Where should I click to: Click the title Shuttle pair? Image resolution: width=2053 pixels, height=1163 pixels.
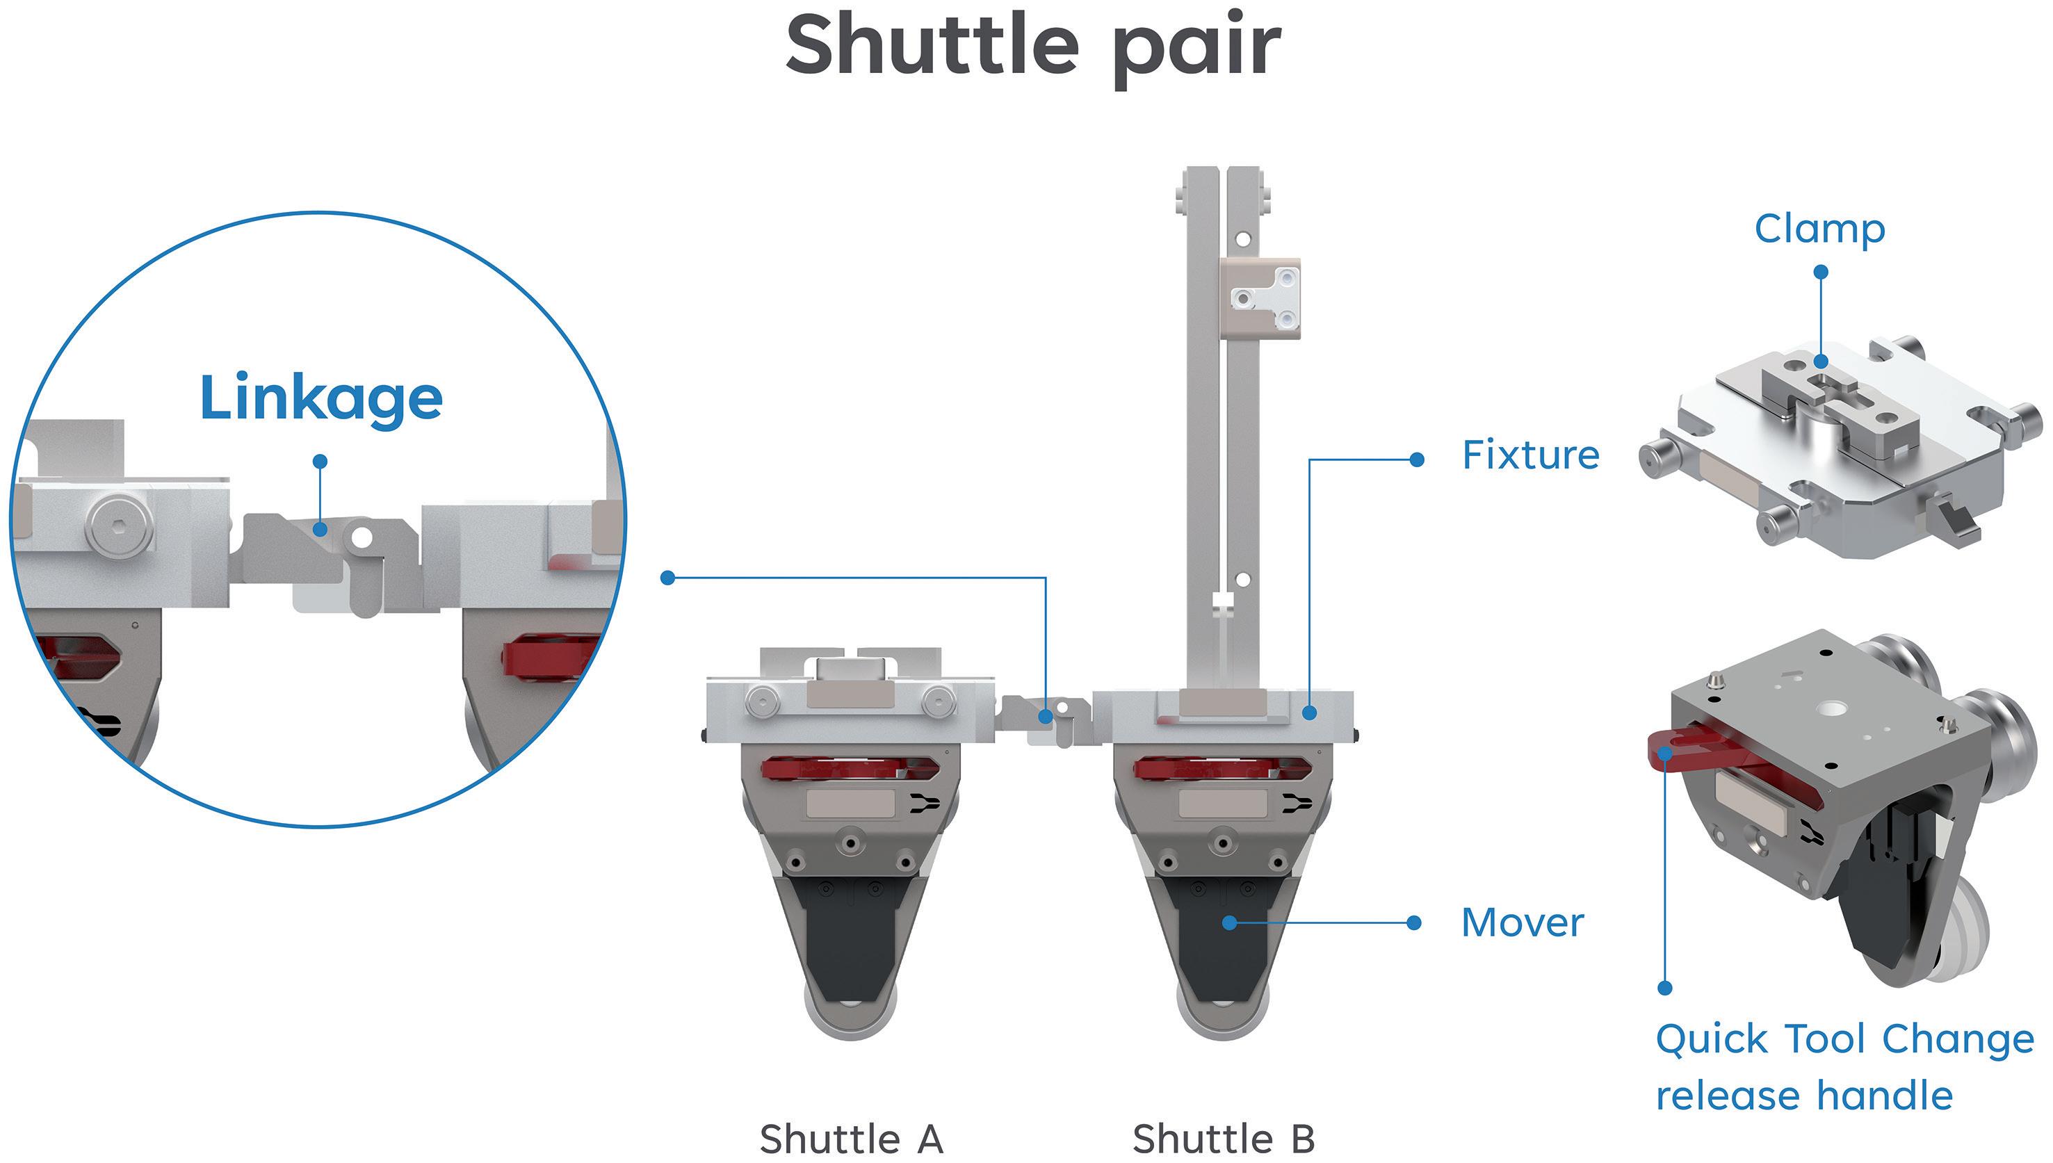coord(1033,47)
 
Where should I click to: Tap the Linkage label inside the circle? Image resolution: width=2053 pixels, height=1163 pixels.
coord(321,398)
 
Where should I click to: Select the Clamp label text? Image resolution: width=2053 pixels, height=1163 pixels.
coord(1819,230)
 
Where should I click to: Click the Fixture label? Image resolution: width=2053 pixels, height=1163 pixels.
coord(1529,455)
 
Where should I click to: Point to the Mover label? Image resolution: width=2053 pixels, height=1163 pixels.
coord(1522,923)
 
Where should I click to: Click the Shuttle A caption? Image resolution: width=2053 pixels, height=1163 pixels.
coord(851,1138)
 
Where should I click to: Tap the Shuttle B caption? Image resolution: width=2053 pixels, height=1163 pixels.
coord(1223,1138)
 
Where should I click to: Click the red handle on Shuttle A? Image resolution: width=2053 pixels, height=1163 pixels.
coord(848,768)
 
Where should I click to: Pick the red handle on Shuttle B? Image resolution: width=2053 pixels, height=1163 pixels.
coord(1222,768)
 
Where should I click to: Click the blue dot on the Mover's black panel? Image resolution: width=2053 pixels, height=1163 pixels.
coord(1229,923)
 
